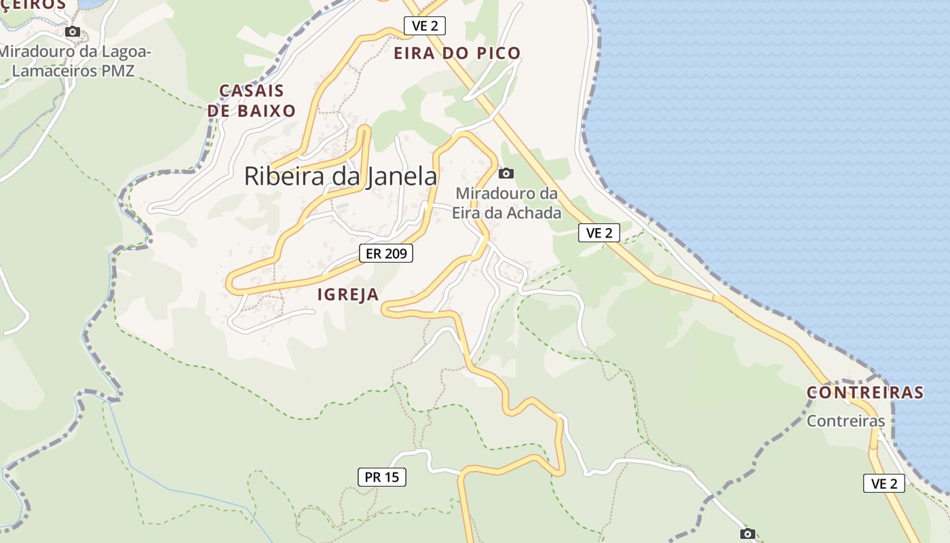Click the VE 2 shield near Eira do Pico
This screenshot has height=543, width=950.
coord(425,26)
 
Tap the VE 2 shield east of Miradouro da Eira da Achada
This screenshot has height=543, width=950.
coord(599,233)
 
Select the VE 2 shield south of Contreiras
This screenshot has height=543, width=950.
coord(884,483)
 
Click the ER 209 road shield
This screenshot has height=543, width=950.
coord(385,254)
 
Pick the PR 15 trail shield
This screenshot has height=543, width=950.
coord(382,477)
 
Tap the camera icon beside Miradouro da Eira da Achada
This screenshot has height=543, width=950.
coord(506,173)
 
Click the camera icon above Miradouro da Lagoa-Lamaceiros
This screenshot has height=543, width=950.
coord(73,31)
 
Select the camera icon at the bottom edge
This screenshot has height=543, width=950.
coord(747,533)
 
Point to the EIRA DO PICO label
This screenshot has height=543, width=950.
coord(457,53)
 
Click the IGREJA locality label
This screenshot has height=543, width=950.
coord(348,294)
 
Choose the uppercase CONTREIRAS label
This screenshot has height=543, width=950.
coord(865,392)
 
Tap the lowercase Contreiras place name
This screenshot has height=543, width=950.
coord(845,421)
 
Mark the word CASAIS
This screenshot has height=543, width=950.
coord(251,91)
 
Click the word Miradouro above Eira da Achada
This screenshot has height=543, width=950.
coord(507,194)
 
